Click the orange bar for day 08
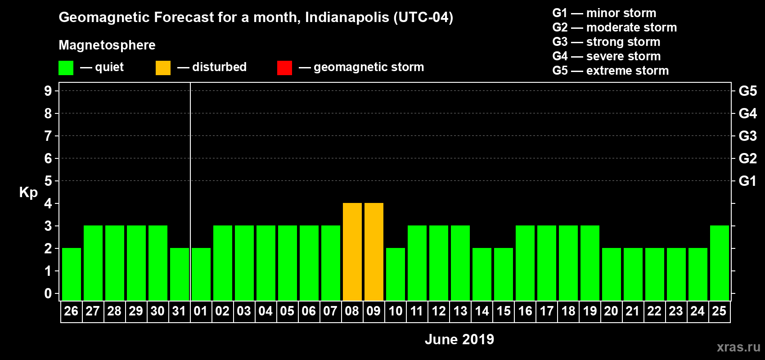[352, 252]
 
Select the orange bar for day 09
[373, 252]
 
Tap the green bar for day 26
[71, 274]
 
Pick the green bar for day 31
[179, 274]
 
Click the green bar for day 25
[719, 263]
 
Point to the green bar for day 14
[481, 274]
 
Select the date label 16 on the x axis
[525, 311]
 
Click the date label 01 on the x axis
[201, 311]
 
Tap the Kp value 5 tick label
[48, 181]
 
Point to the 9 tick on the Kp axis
[48, 91]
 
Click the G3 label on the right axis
[747, 136]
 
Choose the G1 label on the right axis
[747, 181]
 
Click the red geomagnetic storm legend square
[284, 68]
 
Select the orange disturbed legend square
[163, 68]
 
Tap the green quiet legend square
[66, 68]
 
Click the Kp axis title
[28, 192]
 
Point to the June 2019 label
[459, 339]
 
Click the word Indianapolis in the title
[347, 17]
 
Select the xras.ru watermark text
[738, 347]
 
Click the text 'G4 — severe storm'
[606, 56]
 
